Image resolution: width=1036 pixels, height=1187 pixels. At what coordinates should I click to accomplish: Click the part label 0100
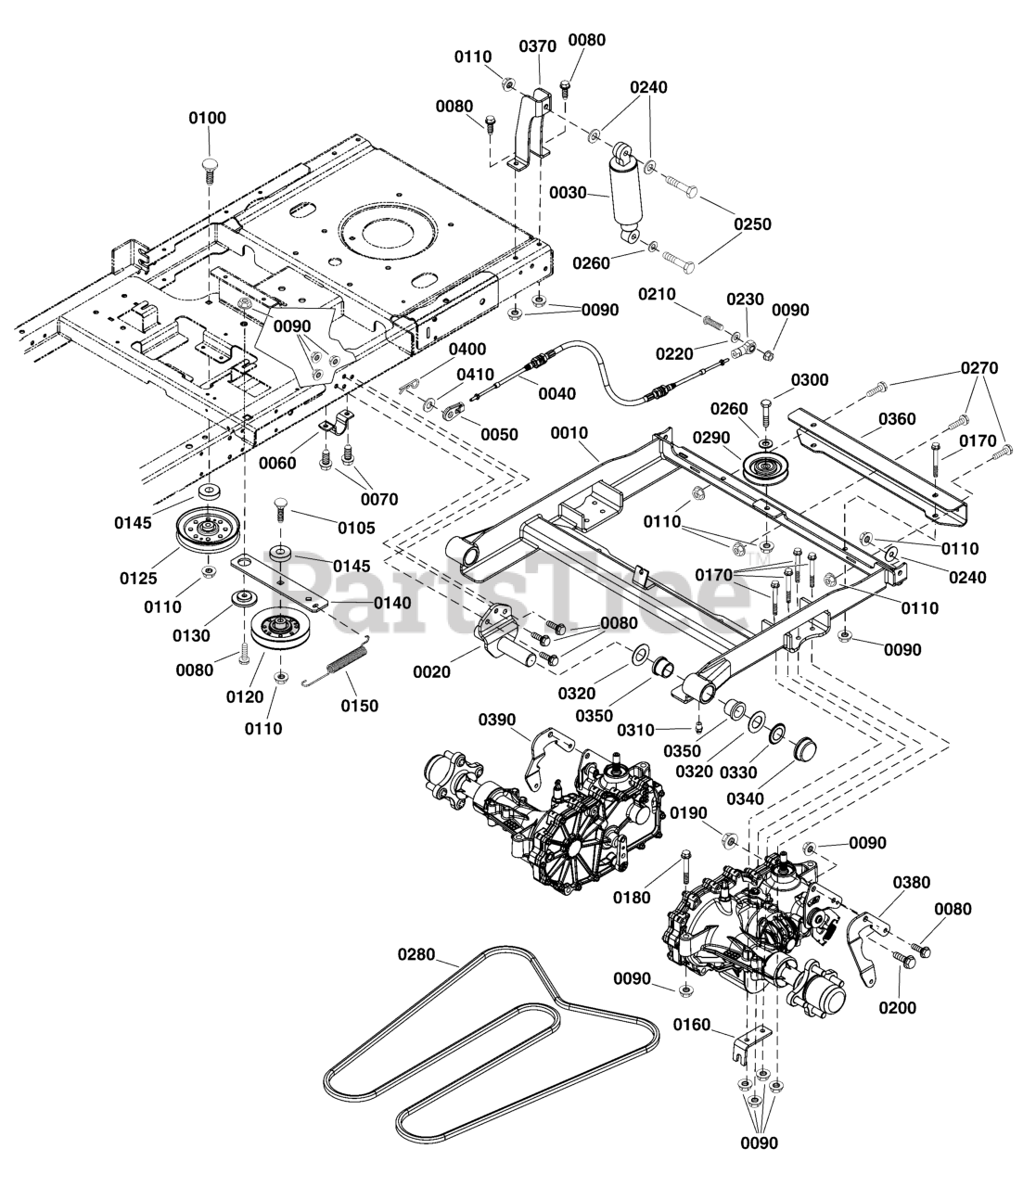coord(207,118)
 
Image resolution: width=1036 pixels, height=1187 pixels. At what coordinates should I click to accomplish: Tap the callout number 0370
coord(537,46)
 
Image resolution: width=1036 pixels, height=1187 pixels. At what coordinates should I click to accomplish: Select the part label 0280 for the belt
coord(416,954)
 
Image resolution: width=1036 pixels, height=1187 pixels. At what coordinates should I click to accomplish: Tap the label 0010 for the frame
coord(569,433)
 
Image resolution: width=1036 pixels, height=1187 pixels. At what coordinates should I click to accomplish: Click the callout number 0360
coord(897,418)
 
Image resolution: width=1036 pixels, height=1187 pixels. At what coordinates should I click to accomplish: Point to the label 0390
coord(496,720)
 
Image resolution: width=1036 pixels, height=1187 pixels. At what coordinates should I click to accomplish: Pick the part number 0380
coord(912,883)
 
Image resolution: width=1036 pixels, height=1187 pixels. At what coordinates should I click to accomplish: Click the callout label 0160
coord(692,1025)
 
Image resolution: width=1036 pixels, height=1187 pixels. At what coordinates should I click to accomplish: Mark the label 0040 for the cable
coord(556,394)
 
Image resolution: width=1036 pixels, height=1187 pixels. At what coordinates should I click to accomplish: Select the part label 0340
coord(746,798)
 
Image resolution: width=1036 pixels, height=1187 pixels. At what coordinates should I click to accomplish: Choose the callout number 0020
coord(431,671)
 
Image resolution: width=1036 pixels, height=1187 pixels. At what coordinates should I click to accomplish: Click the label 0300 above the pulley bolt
coord(810,380)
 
